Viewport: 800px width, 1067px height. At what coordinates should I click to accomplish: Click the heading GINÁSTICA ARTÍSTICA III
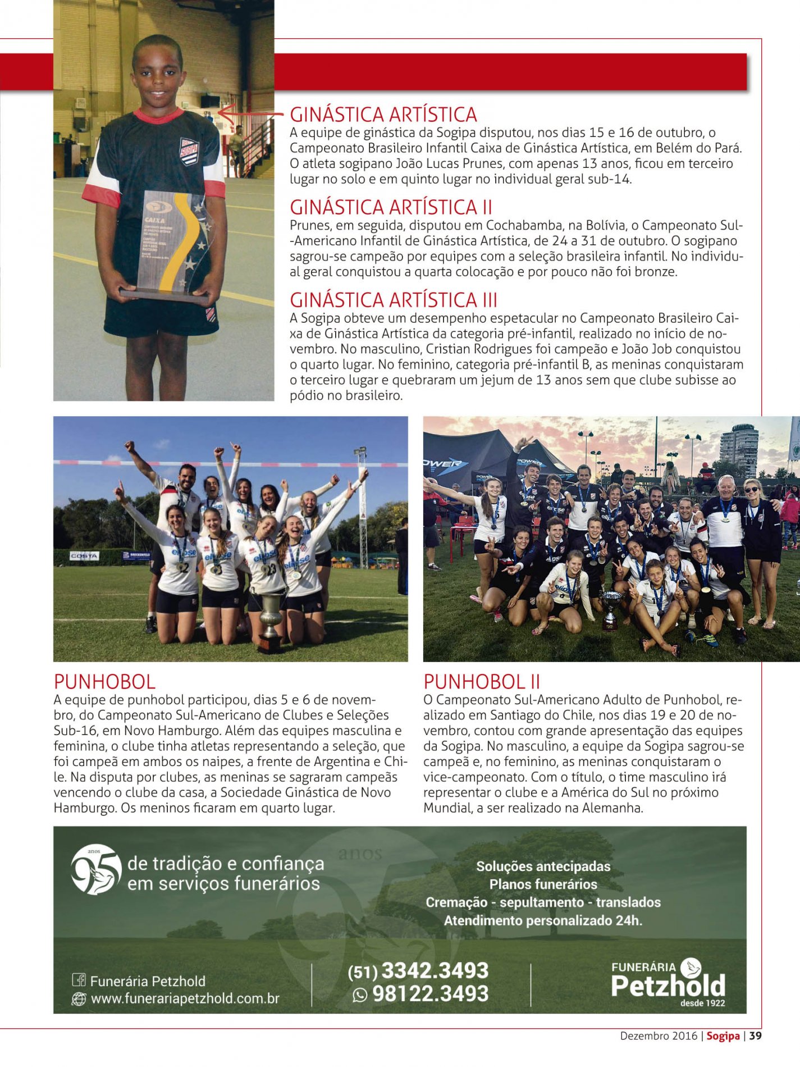393,300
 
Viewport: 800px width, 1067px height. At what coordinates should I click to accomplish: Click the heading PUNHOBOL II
481,682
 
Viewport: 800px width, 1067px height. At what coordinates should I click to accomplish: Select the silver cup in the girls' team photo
271,621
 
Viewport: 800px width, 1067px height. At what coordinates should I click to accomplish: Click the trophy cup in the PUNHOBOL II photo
611,609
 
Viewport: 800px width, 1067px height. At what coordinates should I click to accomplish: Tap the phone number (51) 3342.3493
418,970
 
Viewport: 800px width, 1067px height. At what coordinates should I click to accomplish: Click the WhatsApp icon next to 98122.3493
359,995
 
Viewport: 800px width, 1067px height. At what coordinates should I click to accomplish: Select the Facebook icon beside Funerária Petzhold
79,981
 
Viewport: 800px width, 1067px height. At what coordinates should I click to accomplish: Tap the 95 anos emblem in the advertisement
96,869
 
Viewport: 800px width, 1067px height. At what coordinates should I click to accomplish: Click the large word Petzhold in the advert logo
668,986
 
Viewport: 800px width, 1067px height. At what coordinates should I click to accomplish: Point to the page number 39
755,1036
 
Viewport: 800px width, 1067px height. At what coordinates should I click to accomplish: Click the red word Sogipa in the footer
723,1036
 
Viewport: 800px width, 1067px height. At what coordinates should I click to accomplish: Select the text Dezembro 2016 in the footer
658,1036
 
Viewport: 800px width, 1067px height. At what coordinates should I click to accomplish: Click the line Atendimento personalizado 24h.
543,920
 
